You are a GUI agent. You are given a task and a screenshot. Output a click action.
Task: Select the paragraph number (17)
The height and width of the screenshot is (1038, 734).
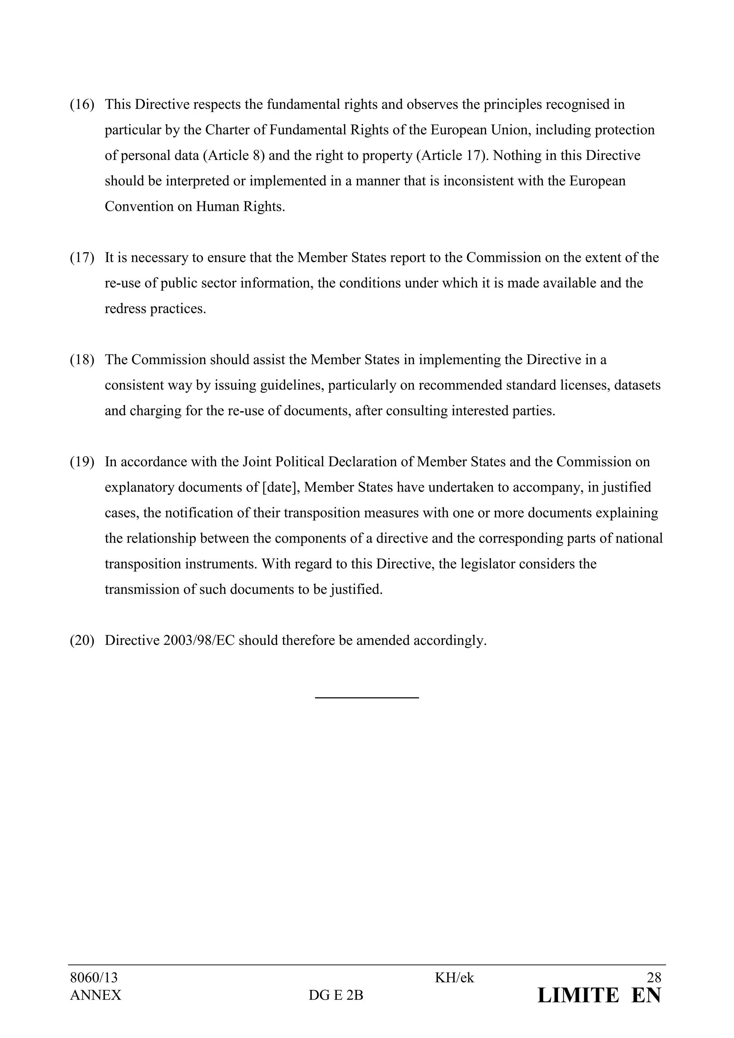(82, 258)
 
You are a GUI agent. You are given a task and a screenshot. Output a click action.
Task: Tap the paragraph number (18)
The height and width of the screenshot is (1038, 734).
(82, 360)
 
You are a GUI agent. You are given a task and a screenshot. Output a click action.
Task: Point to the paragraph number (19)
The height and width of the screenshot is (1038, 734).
(82, 462)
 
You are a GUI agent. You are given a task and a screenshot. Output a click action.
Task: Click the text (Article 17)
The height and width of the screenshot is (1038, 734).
(451, 156)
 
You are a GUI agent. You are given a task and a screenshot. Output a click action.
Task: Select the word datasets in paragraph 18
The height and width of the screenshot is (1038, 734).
(637, 386)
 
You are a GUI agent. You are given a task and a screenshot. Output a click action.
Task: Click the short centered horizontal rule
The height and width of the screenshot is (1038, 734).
(367, 698)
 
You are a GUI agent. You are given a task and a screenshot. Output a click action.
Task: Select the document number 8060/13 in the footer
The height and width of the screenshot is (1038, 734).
(94, 978)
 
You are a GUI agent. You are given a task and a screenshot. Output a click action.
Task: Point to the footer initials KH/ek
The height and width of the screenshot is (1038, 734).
(454, 978)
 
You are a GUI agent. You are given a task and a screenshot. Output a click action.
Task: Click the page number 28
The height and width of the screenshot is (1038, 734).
(654, 978)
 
